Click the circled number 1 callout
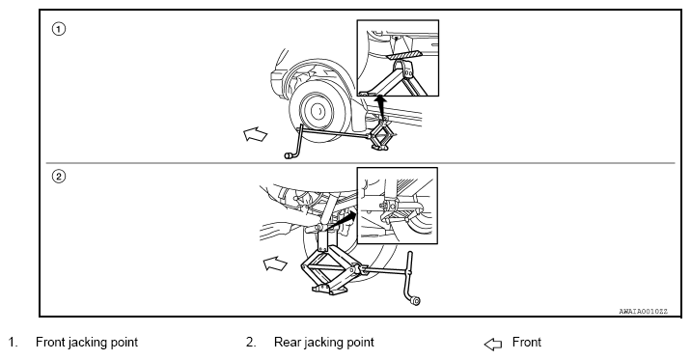(x=59, y=30)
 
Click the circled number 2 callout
(x=59, y=177)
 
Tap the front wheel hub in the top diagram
(x=318, y=111)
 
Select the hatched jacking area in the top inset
(x=403, y=55)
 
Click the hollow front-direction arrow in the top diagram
(x=256, y=134)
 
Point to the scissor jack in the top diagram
(x=381, y=137)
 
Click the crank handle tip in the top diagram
(x=289, y=155)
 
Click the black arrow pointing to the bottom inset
(x=343, y=220)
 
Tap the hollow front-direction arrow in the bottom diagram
(x=275, y=263)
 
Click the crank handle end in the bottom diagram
(x=415, y=301)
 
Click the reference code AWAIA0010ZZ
(x=644, y=312)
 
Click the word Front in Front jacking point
(x=50, y=343)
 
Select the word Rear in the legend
(x=288, y=343)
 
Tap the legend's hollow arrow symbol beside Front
(x=493, y=345)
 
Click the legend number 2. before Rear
(x=251, y=343)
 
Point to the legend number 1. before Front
(x=14, y=343)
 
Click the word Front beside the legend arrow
(x=527, y=343)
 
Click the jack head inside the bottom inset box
(x=389, y=206)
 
